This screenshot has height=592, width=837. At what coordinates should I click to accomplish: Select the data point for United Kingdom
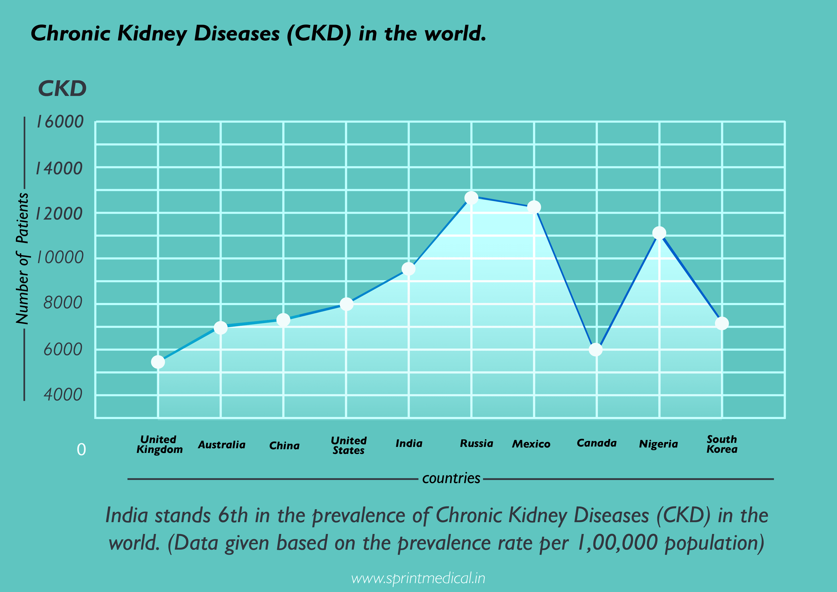tap(158, 362)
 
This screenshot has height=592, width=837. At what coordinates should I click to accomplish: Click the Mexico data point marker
tap(534, 207)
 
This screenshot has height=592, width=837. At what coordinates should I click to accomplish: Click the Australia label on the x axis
tap(222, 445)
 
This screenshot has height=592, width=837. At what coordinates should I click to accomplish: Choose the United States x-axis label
tap(349, 446)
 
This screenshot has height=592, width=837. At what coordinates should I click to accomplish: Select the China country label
tap(284, 446)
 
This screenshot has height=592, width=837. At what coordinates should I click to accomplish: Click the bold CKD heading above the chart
tap(62, 89)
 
